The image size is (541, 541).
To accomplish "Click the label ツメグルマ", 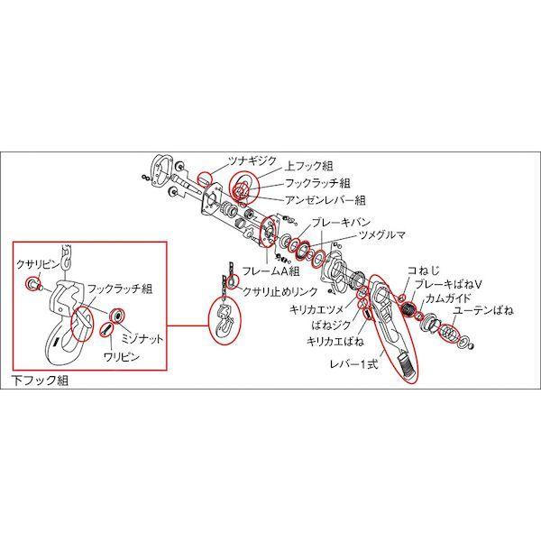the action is point(381,234).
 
